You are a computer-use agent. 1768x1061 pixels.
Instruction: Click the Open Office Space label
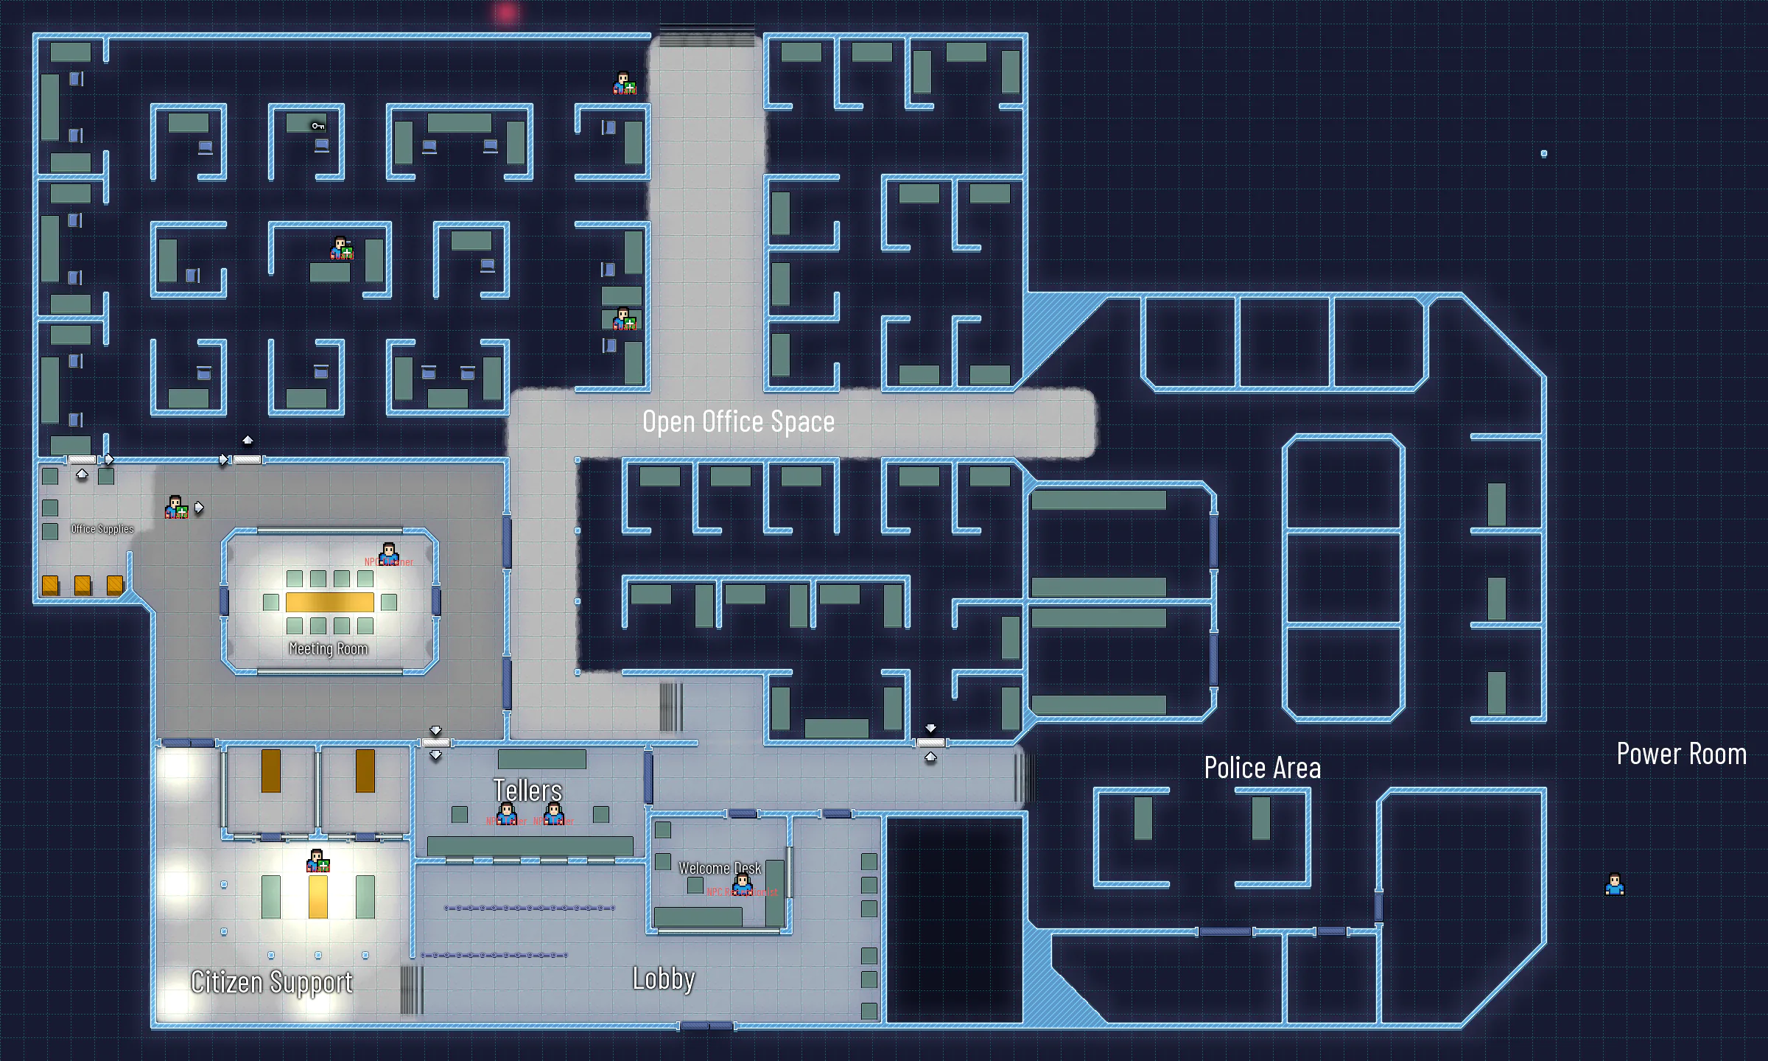[738, 421]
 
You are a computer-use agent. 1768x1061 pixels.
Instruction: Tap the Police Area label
[1262, 768]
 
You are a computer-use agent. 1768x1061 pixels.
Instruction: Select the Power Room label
[1681, 754]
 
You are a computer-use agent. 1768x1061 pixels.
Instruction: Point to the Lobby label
[663, 978]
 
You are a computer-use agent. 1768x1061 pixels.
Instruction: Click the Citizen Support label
[271, 982]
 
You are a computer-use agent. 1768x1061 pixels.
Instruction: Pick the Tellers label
[527, 791]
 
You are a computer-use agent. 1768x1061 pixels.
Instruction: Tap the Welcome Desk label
[719, 868]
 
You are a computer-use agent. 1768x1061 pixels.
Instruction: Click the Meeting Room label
[328, 648]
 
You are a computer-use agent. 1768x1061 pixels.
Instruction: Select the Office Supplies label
[102, 529]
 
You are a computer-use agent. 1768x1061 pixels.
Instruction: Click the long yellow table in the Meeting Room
[329, 602]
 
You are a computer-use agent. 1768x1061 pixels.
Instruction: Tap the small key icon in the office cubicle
[318, 126]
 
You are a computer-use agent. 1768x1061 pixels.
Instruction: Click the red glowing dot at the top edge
[506, 13]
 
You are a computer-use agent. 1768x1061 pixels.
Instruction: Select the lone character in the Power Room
[1614, 884]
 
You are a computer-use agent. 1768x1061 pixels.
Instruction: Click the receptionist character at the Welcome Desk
[742, 883]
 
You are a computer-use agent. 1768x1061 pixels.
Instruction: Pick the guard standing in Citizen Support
[318, 861]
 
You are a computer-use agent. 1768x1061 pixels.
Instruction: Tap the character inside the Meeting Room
[388, 553]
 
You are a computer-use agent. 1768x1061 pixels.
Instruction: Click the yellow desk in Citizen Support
[318, 896]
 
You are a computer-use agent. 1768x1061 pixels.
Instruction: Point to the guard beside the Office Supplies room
[176, 507]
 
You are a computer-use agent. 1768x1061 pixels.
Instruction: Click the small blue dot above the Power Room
[1544, 153]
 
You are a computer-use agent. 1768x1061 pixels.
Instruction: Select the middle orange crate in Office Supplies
[83, 585]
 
